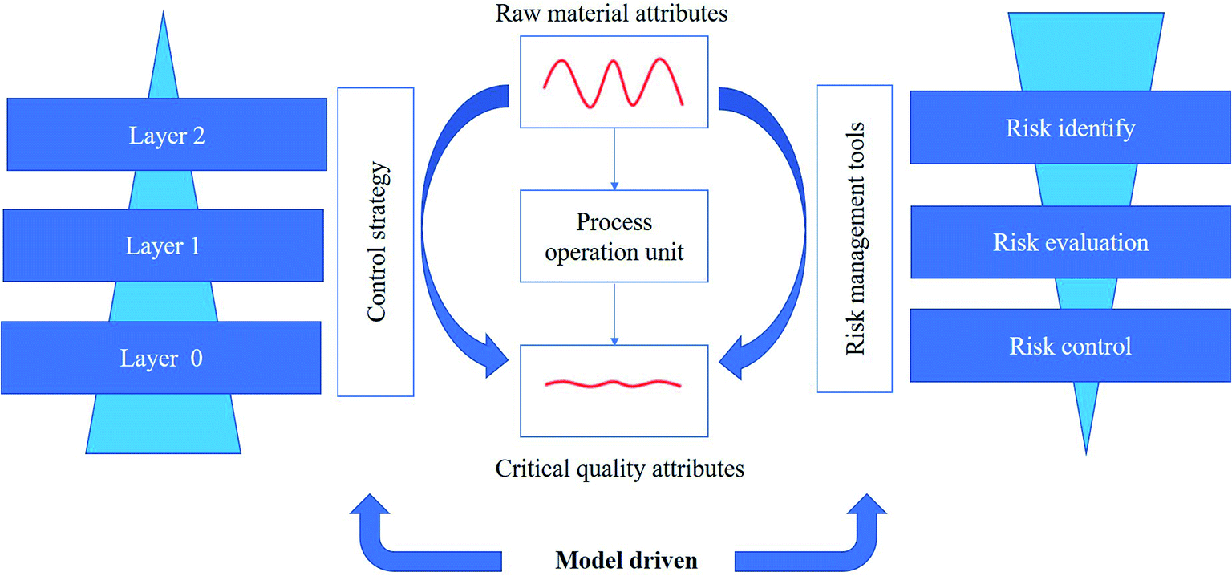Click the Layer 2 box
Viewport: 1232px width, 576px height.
pos(167,135)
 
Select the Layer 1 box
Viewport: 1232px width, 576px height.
pos(163,245)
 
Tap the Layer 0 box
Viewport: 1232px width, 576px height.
pos(161,358)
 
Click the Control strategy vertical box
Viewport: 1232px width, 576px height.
pos(375,242)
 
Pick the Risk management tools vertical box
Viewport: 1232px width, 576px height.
pos(854,238)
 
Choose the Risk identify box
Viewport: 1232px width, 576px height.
pos(1070,128)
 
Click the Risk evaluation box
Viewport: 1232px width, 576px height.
pos(1070,242)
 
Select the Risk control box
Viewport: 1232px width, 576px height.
pos(1070,346)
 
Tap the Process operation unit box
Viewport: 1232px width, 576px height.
pos(614,236)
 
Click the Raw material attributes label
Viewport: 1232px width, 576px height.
pos(613,14)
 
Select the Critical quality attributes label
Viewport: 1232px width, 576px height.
pos(619,468)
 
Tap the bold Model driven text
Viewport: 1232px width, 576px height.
pos(626,559)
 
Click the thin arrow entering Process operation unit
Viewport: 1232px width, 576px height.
pos(614,160)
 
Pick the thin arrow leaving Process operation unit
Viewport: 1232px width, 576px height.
pos(614,314)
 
